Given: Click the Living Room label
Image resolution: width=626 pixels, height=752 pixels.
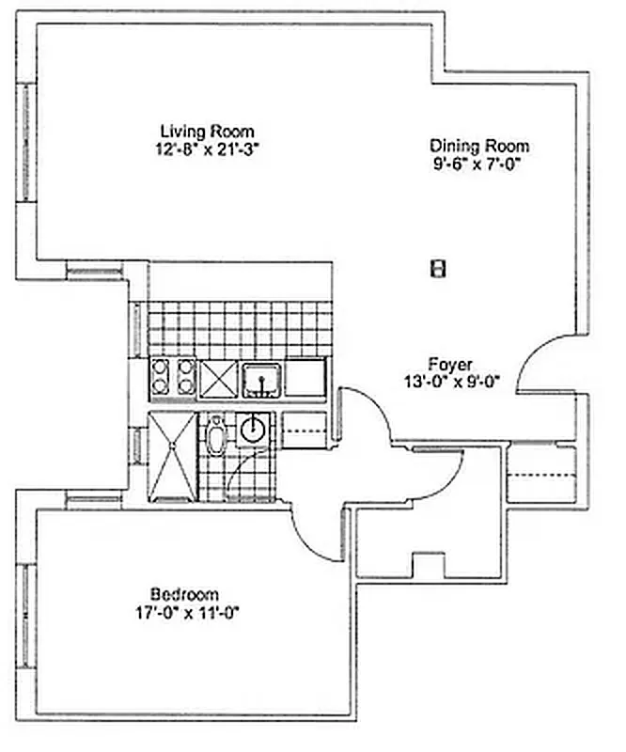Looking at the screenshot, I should click(x=207, y=131).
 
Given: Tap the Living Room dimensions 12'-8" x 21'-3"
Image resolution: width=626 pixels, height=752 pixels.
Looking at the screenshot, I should click(x=207, y=148).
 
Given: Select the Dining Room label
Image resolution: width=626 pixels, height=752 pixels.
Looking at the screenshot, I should click(x=478, y=146).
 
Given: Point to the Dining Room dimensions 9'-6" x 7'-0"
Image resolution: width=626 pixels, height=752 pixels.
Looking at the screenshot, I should click(x=478, y=163).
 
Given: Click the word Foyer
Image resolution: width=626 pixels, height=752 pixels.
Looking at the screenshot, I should click(x=450, y=364).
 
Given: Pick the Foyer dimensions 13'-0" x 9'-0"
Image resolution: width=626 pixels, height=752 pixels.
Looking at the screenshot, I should click(x=451, y=381).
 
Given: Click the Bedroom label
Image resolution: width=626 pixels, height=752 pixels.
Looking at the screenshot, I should click(x=184, y=594).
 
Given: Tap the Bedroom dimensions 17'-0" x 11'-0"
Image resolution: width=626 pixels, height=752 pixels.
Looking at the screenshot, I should click(x=184, y=611).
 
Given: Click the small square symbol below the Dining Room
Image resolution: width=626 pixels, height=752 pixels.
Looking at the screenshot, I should click(x=436, y=269).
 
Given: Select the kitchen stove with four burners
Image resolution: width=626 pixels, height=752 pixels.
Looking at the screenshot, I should click(x=173, y=378).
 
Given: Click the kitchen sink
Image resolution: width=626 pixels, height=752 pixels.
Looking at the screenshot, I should click(x=259, y=379).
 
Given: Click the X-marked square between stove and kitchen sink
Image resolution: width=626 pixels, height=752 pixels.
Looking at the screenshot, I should click(x=217, y=379).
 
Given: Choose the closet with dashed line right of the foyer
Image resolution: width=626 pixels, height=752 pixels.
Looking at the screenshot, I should click(x=541, y=475).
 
